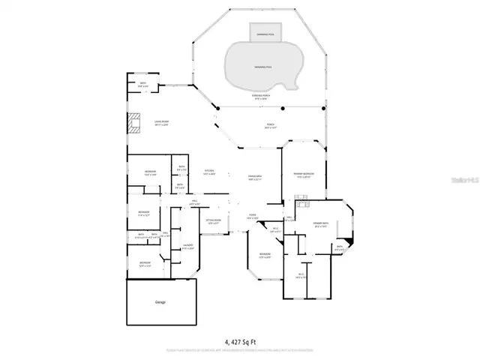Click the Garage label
pos(160,301)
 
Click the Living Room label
pos(161,122)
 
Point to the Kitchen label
pos(209,172)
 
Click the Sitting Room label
pos(213,221)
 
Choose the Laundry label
pos(187,246)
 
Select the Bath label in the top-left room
pos(143,84)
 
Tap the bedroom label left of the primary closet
pos(265,256)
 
